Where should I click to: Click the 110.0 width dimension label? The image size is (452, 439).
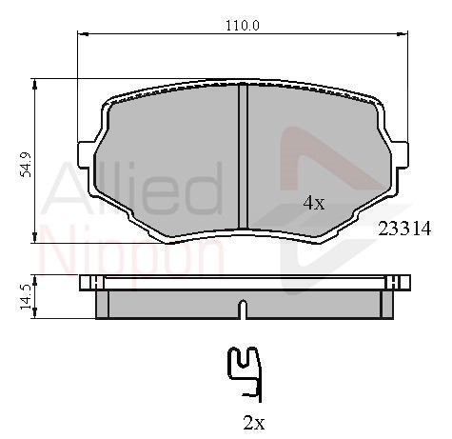243,26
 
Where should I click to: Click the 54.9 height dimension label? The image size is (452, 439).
26,165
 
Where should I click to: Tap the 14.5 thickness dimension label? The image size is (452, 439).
25,297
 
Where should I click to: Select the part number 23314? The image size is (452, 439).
404,229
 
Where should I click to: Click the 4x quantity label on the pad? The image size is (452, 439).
314,203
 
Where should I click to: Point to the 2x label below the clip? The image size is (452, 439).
254,423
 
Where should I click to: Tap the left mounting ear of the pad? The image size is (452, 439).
86,155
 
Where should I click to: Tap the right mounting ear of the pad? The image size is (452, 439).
400,155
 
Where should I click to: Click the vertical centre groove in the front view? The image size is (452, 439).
243,156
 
